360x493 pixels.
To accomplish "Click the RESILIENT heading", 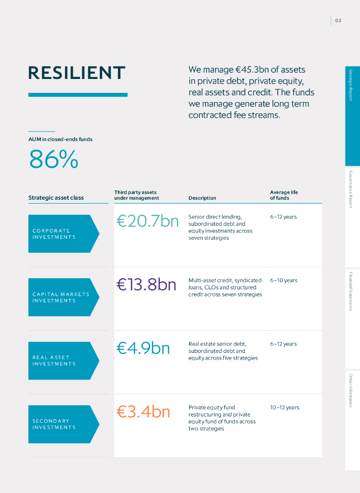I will coord(77,73).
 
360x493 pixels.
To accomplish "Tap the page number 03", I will coord(338,20).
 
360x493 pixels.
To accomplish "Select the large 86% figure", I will coord(53,159).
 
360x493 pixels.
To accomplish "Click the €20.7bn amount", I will coord(147,221).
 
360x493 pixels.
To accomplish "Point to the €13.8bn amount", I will coord(146,285).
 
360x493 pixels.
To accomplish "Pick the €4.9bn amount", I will coord(143,348).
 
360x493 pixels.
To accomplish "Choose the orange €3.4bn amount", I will coord(143,412).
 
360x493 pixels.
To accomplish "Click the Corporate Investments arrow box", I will coord(63,234).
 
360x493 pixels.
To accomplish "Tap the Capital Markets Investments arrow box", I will coord(63,298).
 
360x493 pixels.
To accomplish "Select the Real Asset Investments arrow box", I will coord(63,361).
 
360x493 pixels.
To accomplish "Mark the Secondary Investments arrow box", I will coord(63,424).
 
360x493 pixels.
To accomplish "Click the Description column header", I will coord(202,198).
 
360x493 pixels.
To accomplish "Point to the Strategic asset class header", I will coord(56,198).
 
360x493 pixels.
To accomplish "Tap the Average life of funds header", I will coord(283,195).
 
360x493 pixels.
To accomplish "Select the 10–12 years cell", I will coord(284,408).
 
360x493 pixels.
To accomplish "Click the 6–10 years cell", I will coord(283,281).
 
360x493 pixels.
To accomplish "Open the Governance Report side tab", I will coord(351,189).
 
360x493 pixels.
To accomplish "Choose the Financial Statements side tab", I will coord(351,291).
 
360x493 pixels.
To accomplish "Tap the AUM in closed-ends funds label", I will coord(60,140).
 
